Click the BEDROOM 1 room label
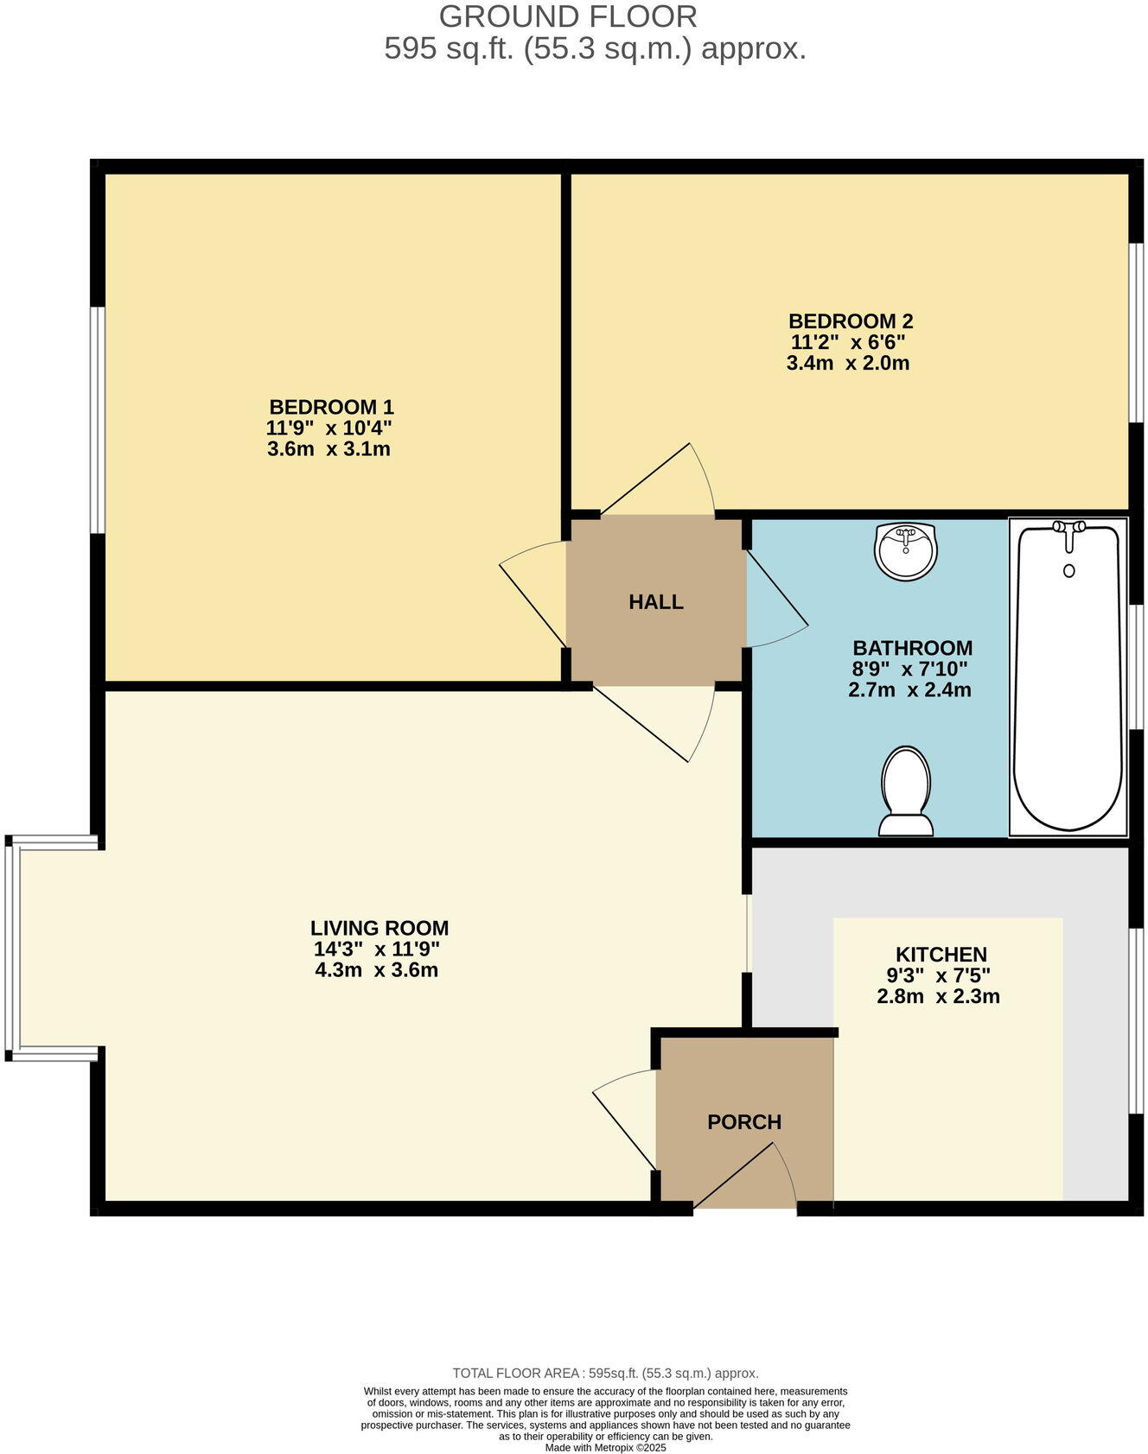point(331,407)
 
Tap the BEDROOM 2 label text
point(851,321)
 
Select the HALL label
point(656,602)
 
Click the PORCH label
point(744,1122)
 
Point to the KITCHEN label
point(941,955)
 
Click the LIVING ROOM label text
point(379,929)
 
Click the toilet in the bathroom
point(905,790)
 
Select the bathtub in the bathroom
point(1068,691)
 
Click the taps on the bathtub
point(1068,530)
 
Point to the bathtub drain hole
point(1068,571)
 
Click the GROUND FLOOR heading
point(568,17)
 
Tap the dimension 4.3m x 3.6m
point(377,970)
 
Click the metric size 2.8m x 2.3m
point(938,997)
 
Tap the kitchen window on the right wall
point(1138,1021)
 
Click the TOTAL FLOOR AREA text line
point(605,1373)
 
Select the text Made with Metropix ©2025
point(605,1448)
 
